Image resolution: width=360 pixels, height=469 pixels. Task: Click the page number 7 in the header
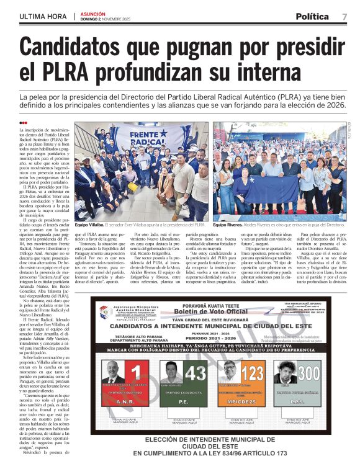click(x=344, y=16)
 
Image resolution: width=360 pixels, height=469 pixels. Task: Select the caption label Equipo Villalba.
click(x=89, y=225)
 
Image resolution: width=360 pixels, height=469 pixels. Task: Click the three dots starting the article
click(x=24, y=123)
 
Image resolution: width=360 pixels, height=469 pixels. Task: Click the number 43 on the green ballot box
click(x=194, y=373)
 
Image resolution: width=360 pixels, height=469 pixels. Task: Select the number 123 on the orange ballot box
click(x=253, y=373)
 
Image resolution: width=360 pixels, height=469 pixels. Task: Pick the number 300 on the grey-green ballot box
click(x=307, y=373)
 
